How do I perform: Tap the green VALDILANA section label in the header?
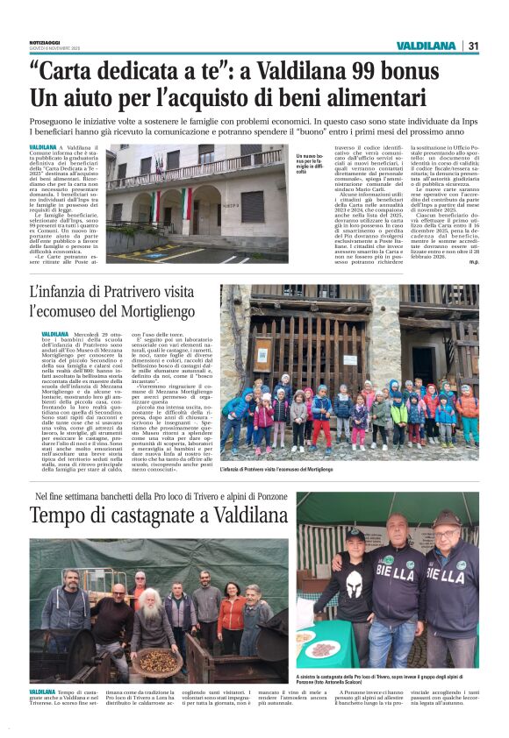(426, 46)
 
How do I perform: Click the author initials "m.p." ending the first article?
(473, 260)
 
